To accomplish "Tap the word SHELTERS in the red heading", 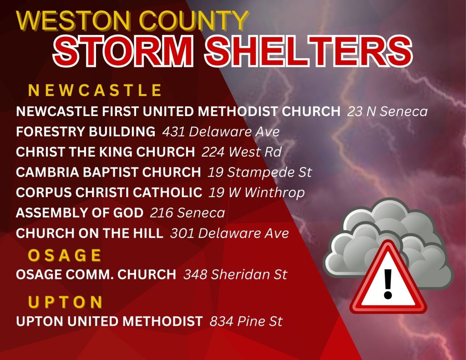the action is (308, 51).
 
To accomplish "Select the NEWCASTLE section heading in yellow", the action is (95, 90).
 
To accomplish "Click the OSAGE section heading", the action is (65, 255).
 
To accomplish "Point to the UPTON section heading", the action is (66, 302).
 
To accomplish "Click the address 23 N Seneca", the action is (387, 112).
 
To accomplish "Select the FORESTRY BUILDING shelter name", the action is (86, 132).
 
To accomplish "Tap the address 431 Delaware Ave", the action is (221, 132).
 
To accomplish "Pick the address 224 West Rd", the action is (241, 152).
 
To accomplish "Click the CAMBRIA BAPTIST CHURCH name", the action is (108, 172).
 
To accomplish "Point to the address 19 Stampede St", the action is (259, 172).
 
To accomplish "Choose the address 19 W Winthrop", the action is (257, 193).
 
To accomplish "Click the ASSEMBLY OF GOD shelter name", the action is (80, 213).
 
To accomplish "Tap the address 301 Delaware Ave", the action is (229, 233).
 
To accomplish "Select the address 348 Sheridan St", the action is (235, 274).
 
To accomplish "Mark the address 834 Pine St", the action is (246, 321).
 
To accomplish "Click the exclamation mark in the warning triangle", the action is (388, 284).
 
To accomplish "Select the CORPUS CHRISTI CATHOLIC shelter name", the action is (109, 193).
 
